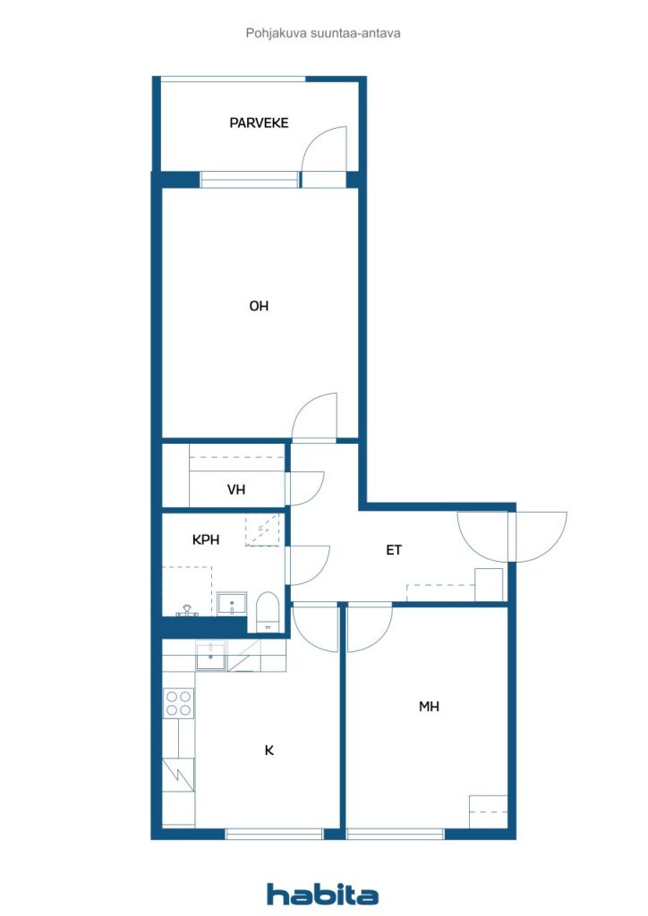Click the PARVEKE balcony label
(259, 123)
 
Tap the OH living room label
(259, 306)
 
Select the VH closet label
(236, 489)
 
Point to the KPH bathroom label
(206, 539)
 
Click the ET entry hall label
(394, 550)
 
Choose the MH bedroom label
(429, 707)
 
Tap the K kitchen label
(269, 751)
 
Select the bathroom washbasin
(232, 603)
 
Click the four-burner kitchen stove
(179, 703)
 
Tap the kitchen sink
(211, 656)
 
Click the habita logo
(322, 894)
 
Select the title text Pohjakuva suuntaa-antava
(323, 33)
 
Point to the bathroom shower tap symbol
(187, 610)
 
